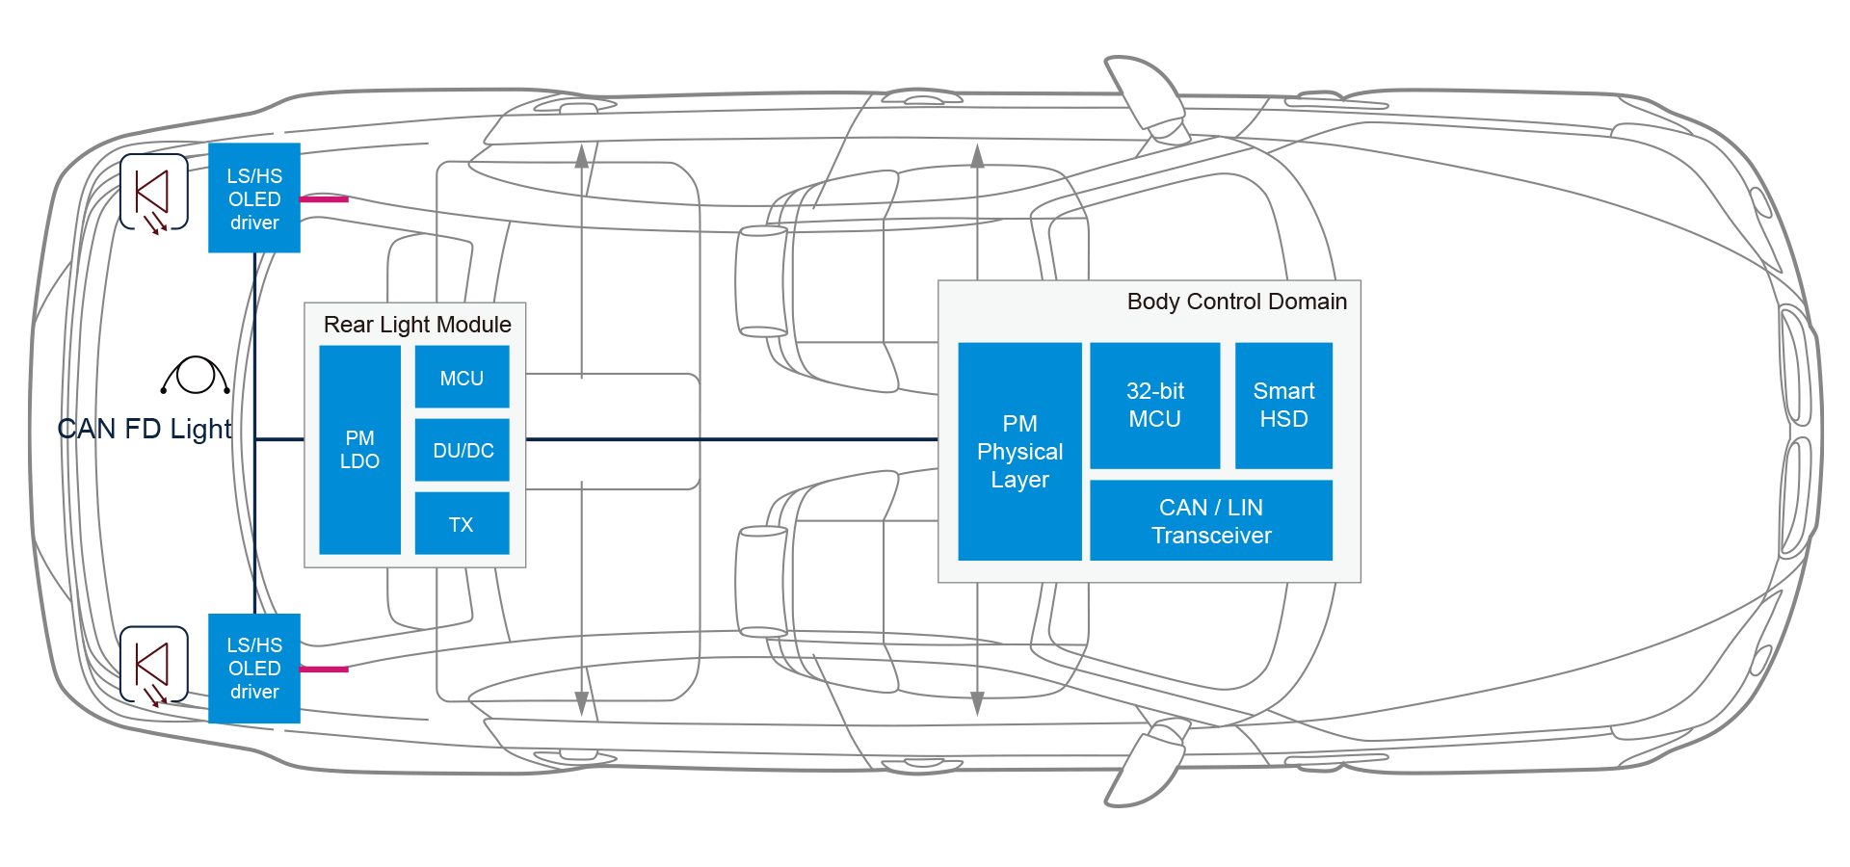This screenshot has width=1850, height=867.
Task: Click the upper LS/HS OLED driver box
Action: pyautogui.click(x=254, y=198)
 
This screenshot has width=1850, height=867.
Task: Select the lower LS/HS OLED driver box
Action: pyautogui.click(x=254, y=668)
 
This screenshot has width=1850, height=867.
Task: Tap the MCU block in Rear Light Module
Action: pyautogui.click(x=462, y=378)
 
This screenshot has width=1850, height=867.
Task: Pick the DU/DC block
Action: pyautogui.click(x=462, y=450)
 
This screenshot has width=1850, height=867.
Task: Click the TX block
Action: pyautogui.click(x=462, y=524)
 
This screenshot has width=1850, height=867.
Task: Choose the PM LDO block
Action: pyautogui.click(x=359, y=450)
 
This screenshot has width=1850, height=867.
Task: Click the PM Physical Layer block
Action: pyautogui.click(x=1019, y=451)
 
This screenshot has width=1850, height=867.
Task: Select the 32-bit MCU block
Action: pyautogui.click(x=1154, y=406)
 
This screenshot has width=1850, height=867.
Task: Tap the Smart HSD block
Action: pyautogui.click(x=1283, y=406)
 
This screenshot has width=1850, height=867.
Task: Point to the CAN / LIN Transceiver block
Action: pyautogui.click(x=1210, y=521)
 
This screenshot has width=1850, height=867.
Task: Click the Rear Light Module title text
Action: pyautogui.click(x=417, y=325)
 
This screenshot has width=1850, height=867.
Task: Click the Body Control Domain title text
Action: pyautogui.click(x=1236, y=302)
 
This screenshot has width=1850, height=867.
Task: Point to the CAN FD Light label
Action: pyautogui.click(x=145, y=429)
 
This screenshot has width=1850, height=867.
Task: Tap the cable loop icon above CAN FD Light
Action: pyautogui.click(x=196, y=376)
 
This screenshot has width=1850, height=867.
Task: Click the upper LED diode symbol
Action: pyautogui.click(x=154, y=193)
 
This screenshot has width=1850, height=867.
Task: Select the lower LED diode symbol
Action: pyautogui.click(x=154, y=665)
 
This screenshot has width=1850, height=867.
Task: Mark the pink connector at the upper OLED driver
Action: pyautogui.click(x=324, y=199)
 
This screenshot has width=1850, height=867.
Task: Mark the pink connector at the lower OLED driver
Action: pyautogui.click(x=324, y=669)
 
